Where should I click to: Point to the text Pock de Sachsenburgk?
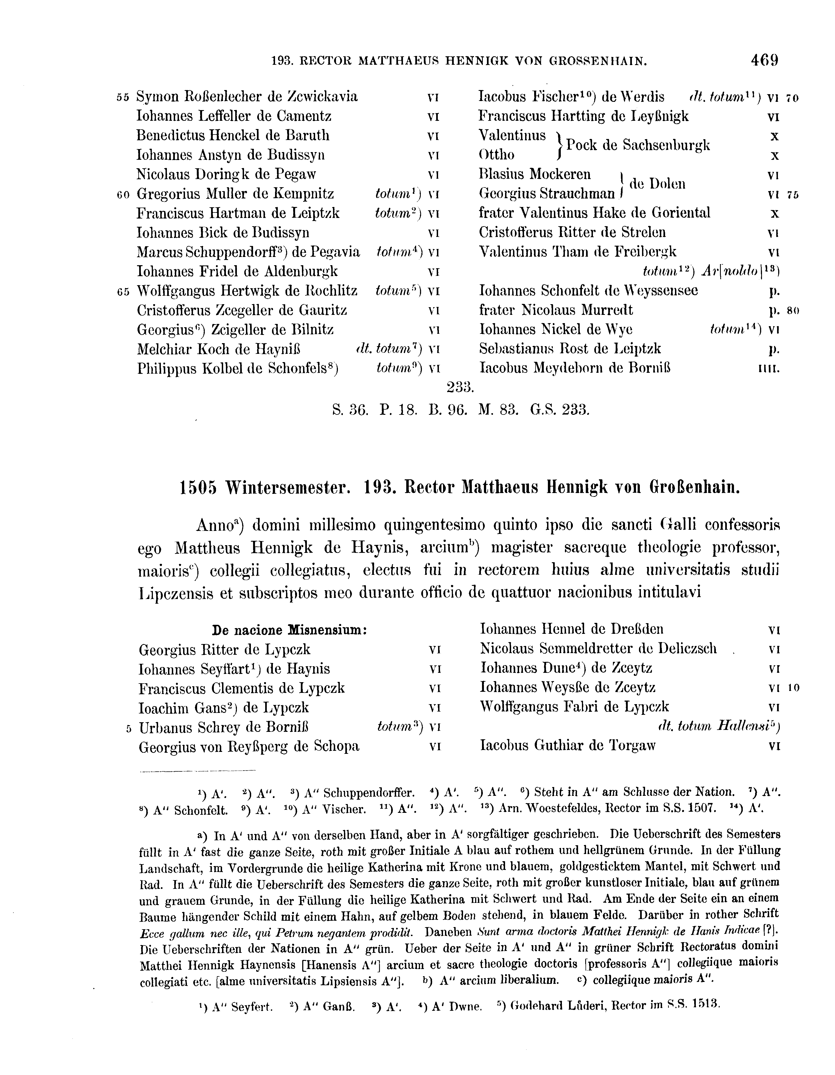[638, 145]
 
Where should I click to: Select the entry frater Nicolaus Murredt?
[556, 310]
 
